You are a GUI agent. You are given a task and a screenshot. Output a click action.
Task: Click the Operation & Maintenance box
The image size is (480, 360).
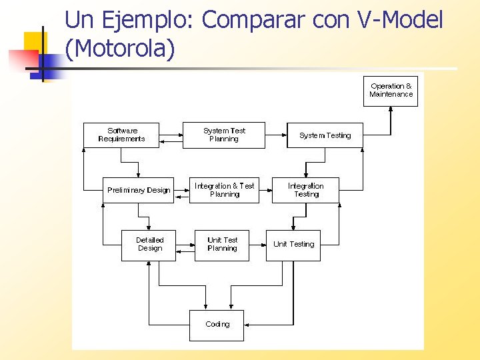(391, 90)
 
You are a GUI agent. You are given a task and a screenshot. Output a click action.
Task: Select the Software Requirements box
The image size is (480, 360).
(121, 135)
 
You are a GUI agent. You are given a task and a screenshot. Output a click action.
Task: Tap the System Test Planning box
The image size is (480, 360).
(224, 135)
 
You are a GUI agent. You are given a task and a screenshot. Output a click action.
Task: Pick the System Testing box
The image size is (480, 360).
(325, 135)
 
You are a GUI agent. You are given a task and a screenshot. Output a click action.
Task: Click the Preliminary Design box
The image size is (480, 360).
(139, 190)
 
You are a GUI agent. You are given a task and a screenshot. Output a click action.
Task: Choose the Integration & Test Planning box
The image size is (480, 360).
(224, 190)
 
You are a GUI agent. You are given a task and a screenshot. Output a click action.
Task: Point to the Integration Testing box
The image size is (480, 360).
(305, 190)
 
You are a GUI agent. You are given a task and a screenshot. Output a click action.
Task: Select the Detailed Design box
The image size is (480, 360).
(149, 245)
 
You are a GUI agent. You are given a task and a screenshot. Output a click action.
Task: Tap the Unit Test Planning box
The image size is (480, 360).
(222, 245)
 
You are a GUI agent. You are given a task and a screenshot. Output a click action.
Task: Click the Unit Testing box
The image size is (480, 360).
(293, 245)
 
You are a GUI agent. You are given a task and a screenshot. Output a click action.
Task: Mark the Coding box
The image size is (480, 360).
(217, 325)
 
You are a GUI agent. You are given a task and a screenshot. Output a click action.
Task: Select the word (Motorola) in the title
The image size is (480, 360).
(120, 49)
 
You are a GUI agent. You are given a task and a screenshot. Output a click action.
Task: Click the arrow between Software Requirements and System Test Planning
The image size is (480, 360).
(172, 135)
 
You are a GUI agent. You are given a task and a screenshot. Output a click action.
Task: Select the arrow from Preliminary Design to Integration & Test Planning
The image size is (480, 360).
(181, 190)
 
